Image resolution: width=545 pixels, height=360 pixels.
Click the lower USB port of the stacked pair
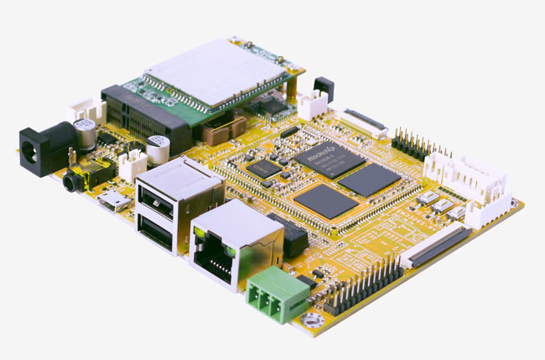157,229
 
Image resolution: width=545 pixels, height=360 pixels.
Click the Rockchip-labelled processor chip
330,159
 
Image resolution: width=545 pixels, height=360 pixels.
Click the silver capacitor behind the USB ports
158,149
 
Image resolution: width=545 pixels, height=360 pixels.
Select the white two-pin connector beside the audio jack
132,164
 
